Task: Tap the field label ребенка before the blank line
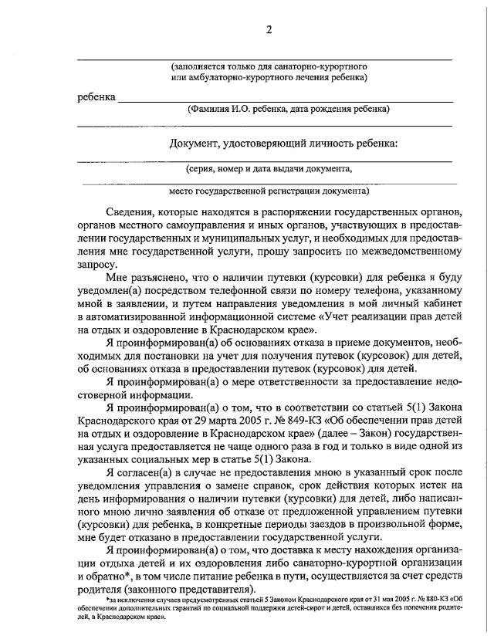coord(96,97)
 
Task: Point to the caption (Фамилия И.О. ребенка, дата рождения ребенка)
coord(288,110)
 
